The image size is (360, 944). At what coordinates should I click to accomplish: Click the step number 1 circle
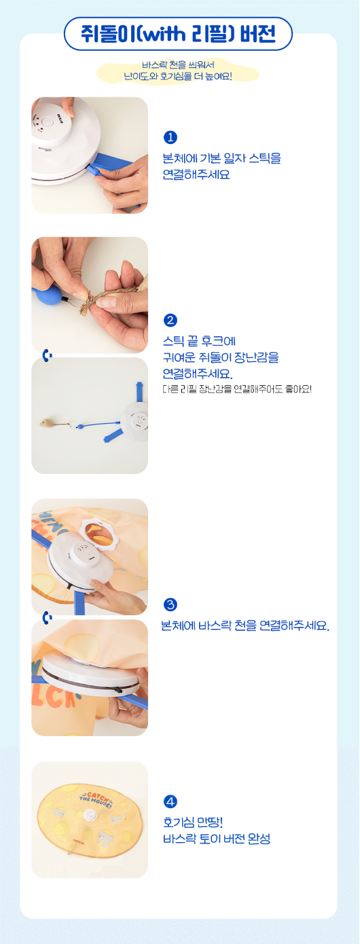170,137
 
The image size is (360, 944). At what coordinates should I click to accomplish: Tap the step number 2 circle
170,321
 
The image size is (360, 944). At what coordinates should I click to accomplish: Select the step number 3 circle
170,604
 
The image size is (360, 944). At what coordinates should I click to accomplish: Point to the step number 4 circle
170,801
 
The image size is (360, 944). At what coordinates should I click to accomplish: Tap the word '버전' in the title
258,34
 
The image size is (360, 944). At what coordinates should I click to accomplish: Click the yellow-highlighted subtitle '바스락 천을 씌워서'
179,65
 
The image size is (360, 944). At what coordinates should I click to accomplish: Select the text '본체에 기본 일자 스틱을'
221,158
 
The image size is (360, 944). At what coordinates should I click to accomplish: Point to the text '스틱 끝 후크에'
199,341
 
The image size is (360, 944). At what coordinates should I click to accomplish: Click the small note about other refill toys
237,389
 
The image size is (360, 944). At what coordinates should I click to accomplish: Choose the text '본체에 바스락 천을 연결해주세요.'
245,625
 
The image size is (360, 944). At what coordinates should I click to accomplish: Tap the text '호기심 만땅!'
193,822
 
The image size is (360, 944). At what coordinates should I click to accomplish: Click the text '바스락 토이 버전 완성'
217,839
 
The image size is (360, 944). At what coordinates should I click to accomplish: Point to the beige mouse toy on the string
46,423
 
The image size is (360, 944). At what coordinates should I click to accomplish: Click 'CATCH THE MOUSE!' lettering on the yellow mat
96,799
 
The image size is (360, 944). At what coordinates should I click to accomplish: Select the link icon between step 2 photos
48,355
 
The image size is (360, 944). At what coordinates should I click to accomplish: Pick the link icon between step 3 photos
48,618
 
